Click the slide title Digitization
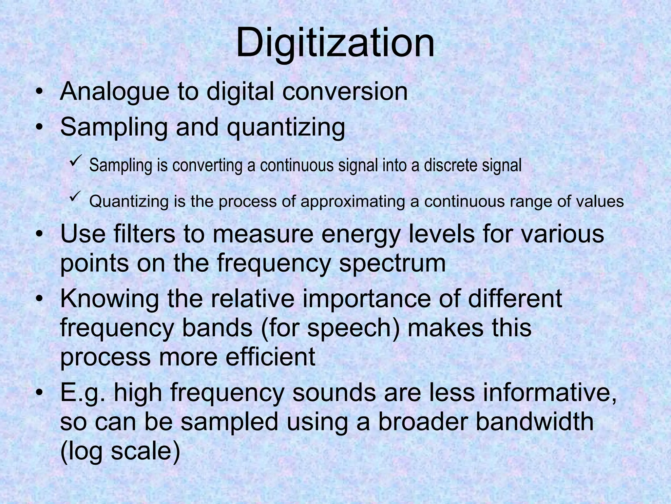coord(335,43)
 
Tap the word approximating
coord(353,201)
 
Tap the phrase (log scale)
coord(120,451)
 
